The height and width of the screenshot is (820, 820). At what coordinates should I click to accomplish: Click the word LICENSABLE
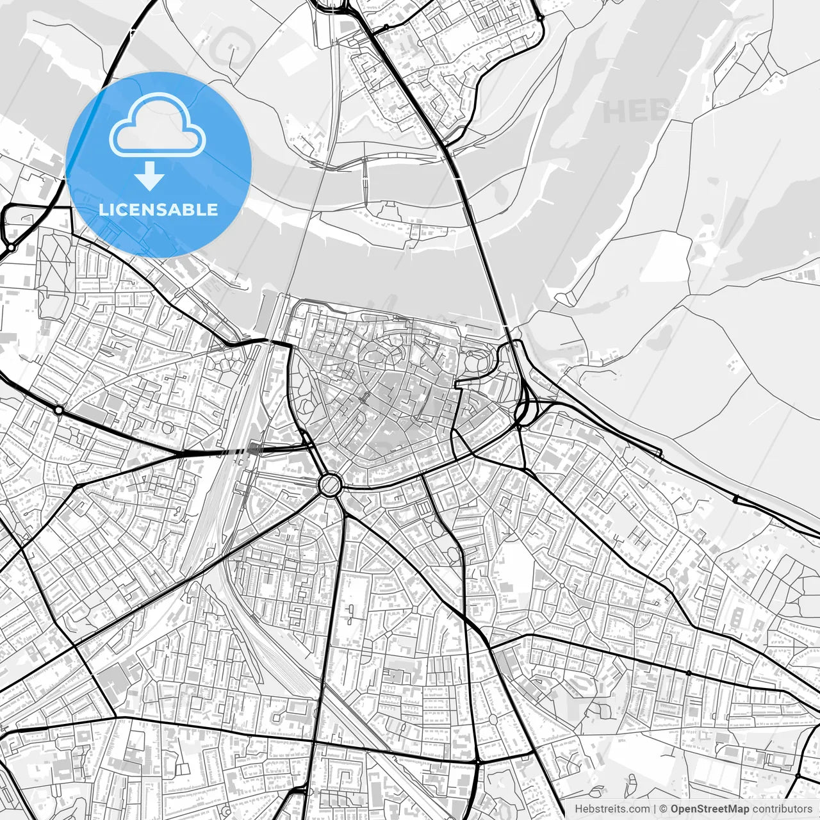tap(158, 209)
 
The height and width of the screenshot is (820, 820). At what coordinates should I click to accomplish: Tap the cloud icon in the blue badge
tap(158, 126)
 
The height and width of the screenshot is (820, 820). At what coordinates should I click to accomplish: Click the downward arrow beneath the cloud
tap(149, 176)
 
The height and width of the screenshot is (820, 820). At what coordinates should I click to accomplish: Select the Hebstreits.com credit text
tap(611, 809)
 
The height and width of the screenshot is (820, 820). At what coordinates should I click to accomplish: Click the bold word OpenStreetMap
tap(710, 809)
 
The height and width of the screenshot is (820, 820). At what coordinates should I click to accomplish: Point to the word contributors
tap(782, 809)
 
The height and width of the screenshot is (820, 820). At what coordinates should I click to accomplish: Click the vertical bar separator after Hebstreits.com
tap(654, 809)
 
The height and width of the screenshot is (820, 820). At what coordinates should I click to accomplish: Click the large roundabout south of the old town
tap(329, 484)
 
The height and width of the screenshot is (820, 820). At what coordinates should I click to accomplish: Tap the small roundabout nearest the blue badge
tap(11, 247)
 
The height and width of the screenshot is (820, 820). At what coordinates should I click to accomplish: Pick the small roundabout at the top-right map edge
tap(541, 18)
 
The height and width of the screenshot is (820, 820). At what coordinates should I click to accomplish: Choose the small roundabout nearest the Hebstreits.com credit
tap(478, 762)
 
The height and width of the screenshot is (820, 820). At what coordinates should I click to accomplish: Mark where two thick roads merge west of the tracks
tap(183, 454)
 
